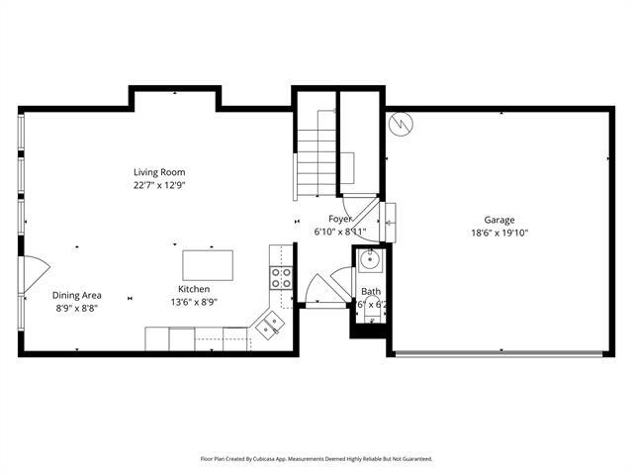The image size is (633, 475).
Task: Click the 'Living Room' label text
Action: click(159, 172)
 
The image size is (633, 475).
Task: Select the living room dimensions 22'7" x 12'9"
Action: click(159, 185)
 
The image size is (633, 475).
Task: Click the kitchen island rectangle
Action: click(208, 265)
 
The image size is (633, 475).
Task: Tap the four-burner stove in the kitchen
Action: click(281, 278)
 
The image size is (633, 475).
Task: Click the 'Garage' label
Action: click(498, 220)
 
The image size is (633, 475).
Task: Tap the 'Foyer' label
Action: click(339, 219)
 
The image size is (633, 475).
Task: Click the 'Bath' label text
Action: click(371, 291)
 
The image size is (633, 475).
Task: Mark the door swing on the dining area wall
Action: click(32, 269)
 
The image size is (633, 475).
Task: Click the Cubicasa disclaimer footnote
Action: click(316, 459)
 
